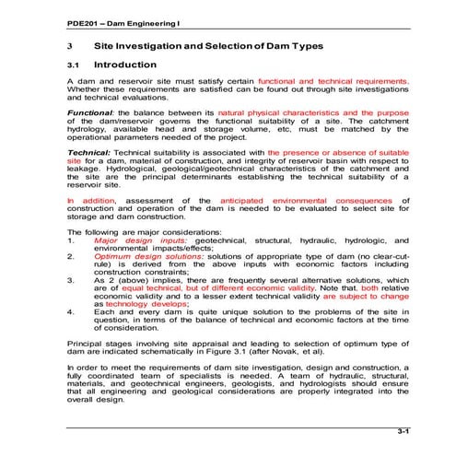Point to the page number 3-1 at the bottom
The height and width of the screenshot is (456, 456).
[403, 430]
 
